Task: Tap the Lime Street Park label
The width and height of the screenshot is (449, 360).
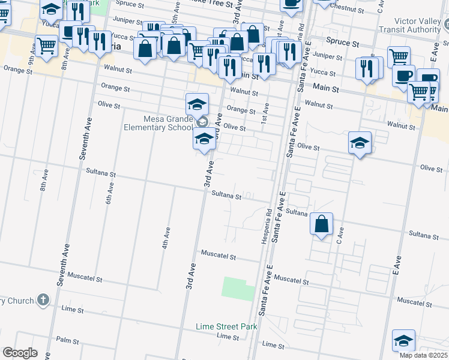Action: point(226,326)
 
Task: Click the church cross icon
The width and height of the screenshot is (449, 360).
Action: point(43,299)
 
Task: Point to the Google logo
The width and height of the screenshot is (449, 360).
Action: point(19,353)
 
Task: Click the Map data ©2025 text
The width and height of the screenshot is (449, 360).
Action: point(423,355)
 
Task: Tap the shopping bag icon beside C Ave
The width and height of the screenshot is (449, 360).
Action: point(322,224)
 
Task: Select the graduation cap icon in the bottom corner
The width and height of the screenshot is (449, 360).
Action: point(403,340)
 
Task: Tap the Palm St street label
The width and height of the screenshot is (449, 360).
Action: point(67,340)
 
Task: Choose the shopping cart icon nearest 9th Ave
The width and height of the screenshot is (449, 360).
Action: point(46,46)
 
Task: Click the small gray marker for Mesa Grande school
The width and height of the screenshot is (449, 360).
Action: point(203,122)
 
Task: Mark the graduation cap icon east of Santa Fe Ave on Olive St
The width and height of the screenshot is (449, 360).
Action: point(359,143)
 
